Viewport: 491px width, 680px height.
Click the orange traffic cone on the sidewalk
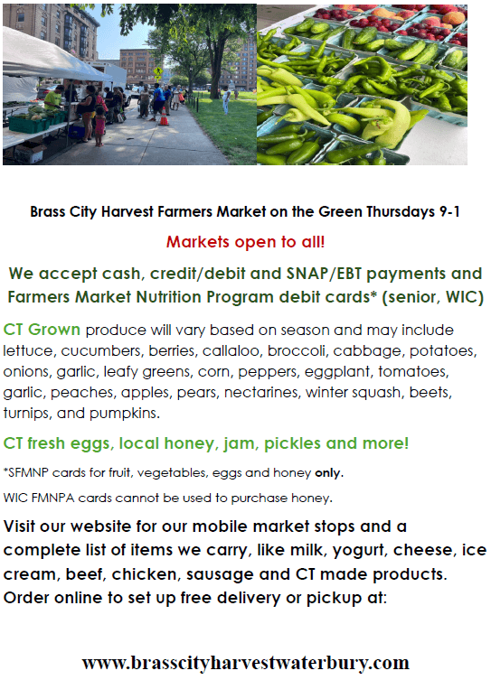click(164, 117)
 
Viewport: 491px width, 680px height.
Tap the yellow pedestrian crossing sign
click(158, 70)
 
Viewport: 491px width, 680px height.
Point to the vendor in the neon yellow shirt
click(53, 98)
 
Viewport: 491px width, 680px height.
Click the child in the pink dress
click(99, 126)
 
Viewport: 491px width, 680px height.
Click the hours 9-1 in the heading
click(449, 212)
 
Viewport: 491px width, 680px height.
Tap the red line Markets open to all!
click(245, 241)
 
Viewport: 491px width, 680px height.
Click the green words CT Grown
click(42, 330)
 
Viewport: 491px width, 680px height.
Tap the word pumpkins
click(125, 414)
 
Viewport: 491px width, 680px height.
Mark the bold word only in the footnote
click(328, 472)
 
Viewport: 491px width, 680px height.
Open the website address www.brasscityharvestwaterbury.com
click(245, 663)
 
